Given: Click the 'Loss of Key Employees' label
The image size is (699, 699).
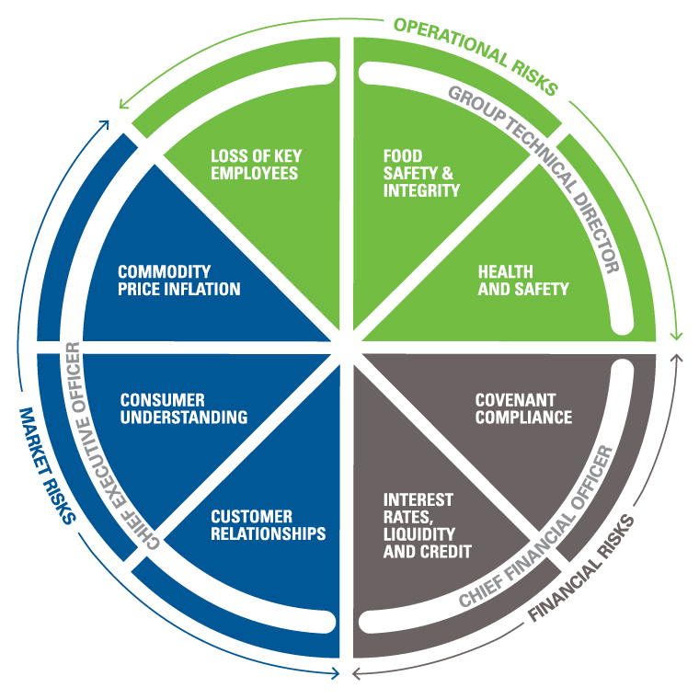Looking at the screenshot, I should (254, 164).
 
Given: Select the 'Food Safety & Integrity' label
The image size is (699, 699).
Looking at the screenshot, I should (421, 173).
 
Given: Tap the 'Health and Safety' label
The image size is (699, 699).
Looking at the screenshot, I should (523, 281).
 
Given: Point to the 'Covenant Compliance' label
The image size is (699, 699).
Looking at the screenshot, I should (523, 408).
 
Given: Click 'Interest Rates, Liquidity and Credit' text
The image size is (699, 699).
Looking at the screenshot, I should (428, 525).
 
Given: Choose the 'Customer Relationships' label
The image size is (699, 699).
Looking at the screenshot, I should (268, 525).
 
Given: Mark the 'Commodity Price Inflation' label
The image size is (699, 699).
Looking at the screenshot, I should (179, 281).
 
